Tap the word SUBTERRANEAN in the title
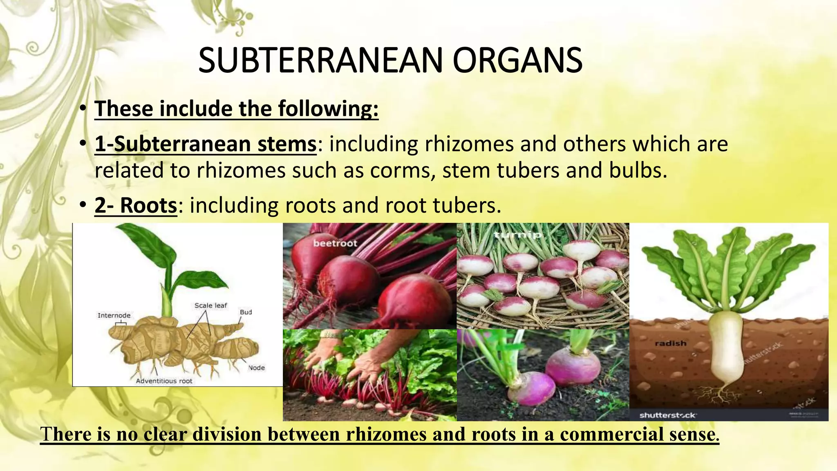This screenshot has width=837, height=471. point(320,60)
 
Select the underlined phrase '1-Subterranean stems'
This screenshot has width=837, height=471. point(206,144)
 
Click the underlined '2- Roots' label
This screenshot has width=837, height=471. point(136,205)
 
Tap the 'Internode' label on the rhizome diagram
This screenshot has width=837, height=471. point(114,315)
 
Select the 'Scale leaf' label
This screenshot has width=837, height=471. point(210,305)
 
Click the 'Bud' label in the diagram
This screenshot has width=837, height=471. point(246,312)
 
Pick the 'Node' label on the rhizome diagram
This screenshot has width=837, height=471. point(256,368)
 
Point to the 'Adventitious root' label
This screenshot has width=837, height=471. point(164,381)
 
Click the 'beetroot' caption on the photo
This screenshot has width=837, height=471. point(335,243)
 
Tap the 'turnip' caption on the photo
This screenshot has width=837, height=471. point(518,235)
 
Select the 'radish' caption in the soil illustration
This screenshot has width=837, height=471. point(670,343)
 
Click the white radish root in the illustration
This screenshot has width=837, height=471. point(727,348)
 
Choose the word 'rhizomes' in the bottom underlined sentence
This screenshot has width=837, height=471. point(386,434)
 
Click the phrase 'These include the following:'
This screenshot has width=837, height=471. point(236,109)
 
